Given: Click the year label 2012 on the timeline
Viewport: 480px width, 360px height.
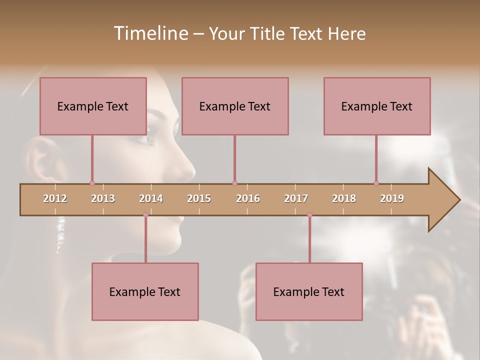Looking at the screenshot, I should pos(55,198).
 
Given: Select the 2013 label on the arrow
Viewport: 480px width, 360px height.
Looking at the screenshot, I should pos(103,198).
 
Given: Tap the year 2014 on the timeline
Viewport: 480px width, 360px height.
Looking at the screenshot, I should pos(151,198).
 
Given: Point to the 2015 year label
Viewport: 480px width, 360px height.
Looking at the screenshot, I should pos(199,198).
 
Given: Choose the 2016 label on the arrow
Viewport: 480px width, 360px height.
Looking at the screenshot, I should pos(248,198).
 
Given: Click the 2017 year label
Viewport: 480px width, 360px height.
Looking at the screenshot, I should pos(296,198).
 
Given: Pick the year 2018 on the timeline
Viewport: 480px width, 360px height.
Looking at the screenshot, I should pos(344,198).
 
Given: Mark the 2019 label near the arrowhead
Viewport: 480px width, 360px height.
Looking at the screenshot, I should pos(392,198).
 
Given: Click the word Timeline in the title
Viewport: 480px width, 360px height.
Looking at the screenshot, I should pos(150,33).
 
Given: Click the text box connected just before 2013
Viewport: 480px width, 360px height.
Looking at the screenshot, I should pos(93,106).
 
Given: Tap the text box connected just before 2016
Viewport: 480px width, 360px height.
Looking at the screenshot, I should pos(235,106).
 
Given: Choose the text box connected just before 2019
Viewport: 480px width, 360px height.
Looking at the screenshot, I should pos(377,106).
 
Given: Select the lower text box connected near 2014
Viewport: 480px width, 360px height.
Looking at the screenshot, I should pos(145,291).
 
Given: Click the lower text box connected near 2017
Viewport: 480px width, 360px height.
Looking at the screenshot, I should pos(309,291).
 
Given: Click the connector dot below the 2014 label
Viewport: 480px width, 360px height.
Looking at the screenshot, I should pos(145,215).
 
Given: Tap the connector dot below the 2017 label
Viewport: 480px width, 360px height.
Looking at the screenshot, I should pos(309,215).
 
